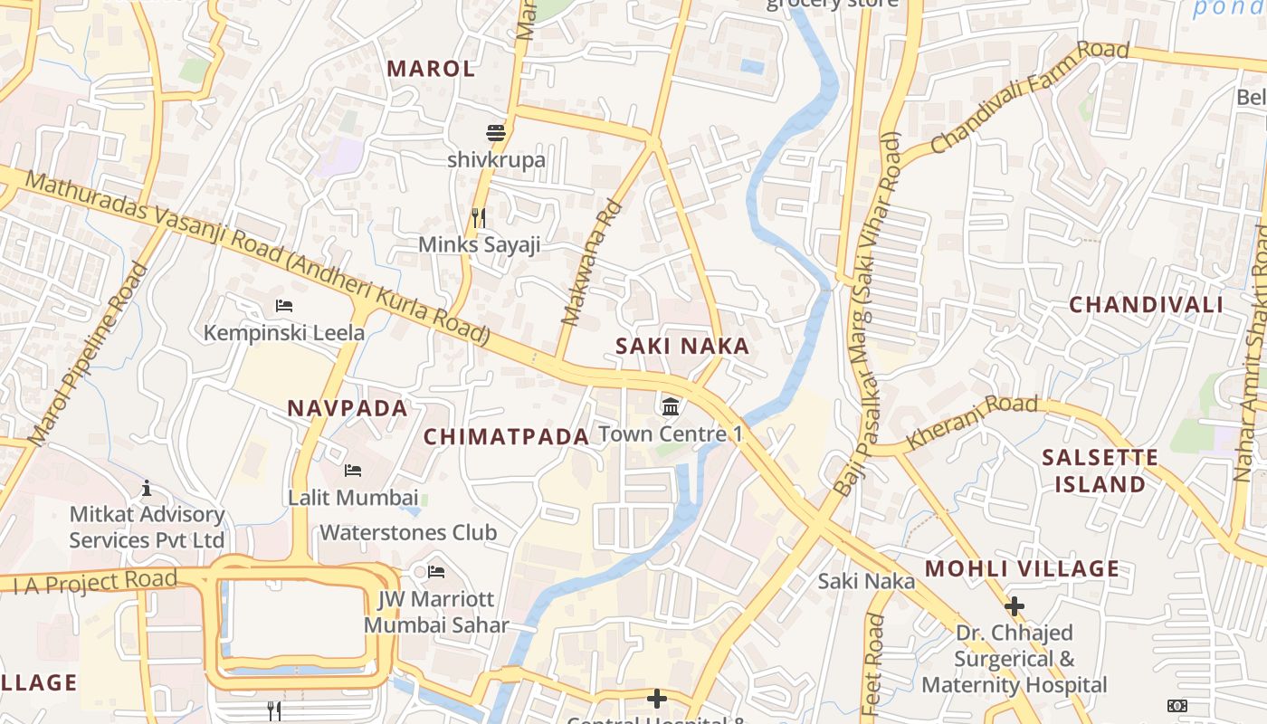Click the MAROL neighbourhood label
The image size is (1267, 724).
pos(431,69)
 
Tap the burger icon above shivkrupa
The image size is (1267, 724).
pos(495,133)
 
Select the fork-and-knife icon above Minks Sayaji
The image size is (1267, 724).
pos(479,218)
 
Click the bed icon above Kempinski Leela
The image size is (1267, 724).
pos(283,306)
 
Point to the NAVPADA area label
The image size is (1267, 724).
pos(348,408)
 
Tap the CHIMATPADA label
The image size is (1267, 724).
pos(506,437)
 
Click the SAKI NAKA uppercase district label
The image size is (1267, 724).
pos(682,346)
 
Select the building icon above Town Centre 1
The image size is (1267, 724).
pos(671,406)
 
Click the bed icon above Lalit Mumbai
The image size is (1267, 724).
pos(353,471)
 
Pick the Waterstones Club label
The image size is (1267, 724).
pos(408,532)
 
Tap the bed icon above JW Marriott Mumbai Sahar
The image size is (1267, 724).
pos(435,572)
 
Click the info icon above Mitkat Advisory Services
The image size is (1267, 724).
pos(147,489)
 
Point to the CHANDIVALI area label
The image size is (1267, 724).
pos(1146,305)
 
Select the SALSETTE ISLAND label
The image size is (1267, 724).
pos(1100,471)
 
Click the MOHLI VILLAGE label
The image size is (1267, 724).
pos(1022,569)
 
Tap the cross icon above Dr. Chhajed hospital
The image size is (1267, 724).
pos(1015,605)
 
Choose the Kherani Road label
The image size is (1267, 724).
pos(972,421)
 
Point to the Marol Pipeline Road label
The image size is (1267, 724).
pos(88,353)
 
